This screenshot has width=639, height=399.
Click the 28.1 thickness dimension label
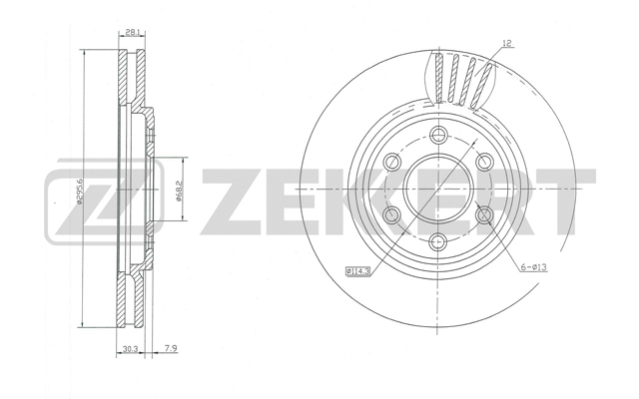coord(131,32)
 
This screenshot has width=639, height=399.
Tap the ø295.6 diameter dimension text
coord(80,191)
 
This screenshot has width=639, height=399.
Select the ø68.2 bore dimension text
coord(178,191)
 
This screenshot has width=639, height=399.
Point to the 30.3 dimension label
coord(131,348)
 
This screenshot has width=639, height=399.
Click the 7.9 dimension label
coord(171,348)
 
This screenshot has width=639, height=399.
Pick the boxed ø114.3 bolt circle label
coord(357,270)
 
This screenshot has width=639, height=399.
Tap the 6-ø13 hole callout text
coord(533,267)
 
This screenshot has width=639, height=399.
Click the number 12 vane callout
coord(506,43)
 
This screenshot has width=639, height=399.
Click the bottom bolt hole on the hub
coord(438,242)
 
